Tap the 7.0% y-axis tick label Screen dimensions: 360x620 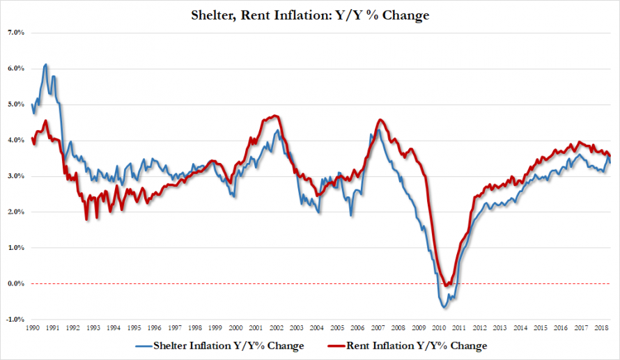click(x=16, y=33)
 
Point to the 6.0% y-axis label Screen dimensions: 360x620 click(x=16, y=68)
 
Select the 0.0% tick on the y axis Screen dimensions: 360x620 click(x=16, y=283)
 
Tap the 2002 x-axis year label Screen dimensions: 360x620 click(x=277, y=327)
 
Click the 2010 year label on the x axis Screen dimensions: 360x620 click(x=438, y=327)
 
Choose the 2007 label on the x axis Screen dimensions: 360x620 click(x=378, y=327)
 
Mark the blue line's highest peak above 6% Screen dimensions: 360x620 click(x=46, y=65)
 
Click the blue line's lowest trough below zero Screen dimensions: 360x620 click(x=444, y=307)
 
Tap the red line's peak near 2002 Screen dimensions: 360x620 click(x=275, y=116)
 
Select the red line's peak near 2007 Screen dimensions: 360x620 click(x=380, y=120)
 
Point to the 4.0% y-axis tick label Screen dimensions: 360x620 click(x=16, y=140)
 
